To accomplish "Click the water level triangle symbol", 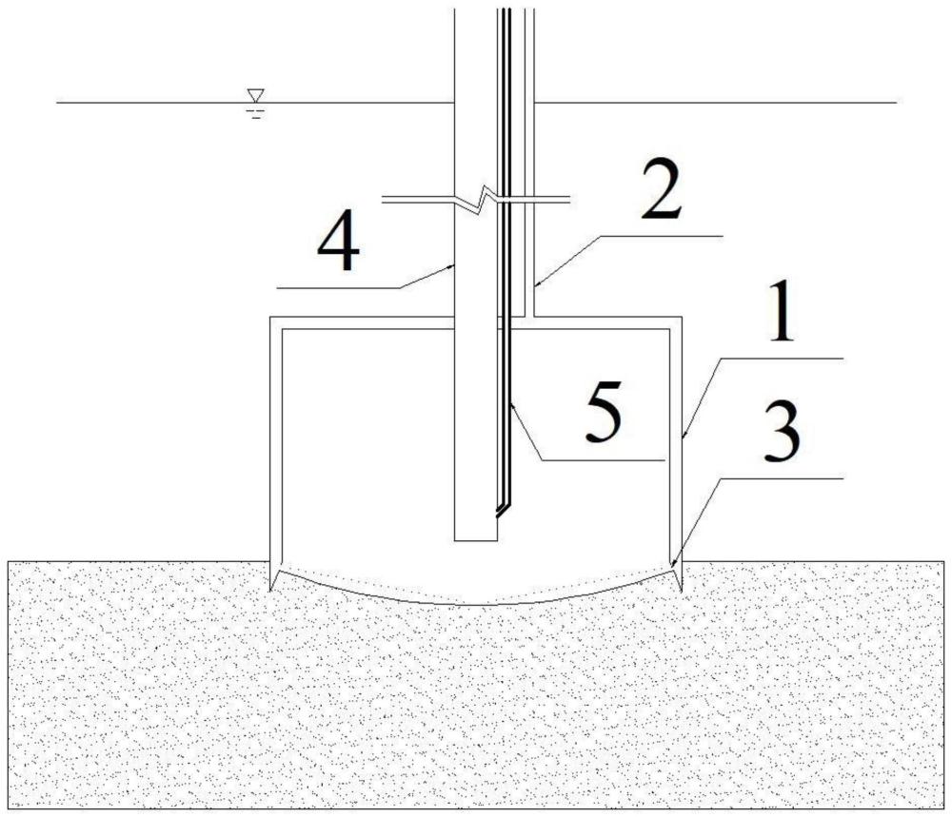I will [255, 96].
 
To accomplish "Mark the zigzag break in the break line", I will [486, 199].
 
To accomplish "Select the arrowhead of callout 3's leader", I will [673, 563].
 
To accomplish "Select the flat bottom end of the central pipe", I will [475, 541].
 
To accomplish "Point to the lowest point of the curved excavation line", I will [476, 605].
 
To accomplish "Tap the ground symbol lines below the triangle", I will [255, 112].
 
